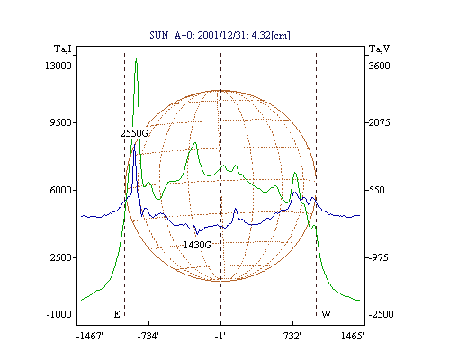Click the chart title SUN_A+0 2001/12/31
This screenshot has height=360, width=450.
pos(220,35)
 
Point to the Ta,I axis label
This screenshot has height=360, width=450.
pos(63,49)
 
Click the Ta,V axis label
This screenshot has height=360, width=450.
pos(379,49)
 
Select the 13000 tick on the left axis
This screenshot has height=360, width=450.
pos(58,66)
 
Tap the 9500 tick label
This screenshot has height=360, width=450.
pos(60,122)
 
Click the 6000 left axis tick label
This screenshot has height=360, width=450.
pos(60,190)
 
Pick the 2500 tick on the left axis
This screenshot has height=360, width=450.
pos(61,257)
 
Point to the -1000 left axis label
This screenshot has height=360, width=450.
pos(58,314)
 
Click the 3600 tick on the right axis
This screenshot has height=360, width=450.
pos(379,66)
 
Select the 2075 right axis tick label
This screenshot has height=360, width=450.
pos(379,122)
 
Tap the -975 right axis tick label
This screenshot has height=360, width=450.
pos(378,257)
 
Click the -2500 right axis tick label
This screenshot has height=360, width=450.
pos(381,314)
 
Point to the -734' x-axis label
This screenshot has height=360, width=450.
pos(148,337)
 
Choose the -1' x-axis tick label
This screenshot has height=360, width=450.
pos(220,337)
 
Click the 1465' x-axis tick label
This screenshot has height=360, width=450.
pos(353,337)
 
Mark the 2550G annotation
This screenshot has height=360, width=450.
pos(134,133)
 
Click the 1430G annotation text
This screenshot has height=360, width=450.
pos(197,245)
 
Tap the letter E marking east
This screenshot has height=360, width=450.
pos(117,314)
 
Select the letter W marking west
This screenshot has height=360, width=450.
pos(326,314)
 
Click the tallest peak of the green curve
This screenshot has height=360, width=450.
pos(136,58)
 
